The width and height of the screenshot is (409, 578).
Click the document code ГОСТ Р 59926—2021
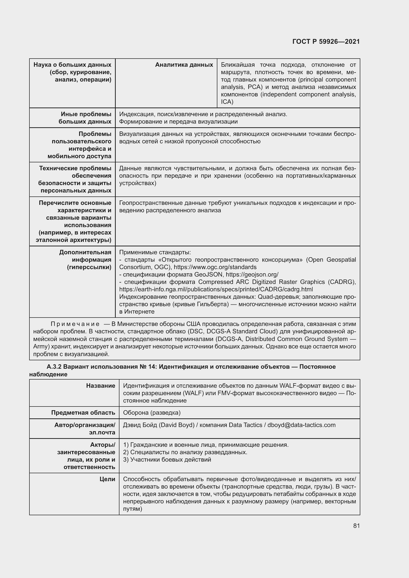326,42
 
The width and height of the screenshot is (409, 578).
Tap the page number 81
356,526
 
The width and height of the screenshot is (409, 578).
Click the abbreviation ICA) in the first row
227,102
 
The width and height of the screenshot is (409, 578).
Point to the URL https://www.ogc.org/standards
215,267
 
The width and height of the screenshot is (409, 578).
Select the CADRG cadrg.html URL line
216,289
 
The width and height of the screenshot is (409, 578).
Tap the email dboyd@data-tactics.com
301,425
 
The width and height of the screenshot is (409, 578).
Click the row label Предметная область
83,413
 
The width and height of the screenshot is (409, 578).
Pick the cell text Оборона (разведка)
152,413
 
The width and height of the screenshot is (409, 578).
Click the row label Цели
107,479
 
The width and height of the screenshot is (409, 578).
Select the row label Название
100,386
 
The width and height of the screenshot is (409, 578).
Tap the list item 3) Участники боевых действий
167,459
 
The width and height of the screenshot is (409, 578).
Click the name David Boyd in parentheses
177,425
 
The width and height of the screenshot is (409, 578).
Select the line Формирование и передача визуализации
178,122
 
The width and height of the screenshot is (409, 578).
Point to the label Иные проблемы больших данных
85,118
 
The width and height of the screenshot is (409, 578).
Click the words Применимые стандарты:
155,252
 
